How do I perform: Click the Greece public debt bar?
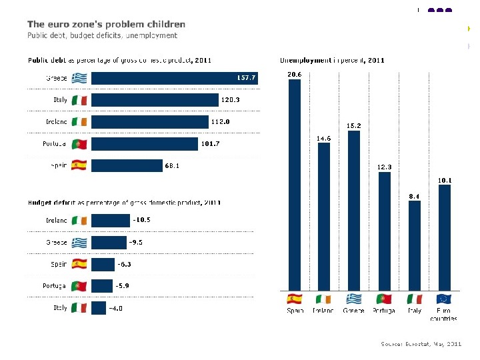coord(173,78)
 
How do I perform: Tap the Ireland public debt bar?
coord(150,122)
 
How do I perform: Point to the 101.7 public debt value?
coord(210,143)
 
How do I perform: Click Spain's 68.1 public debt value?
coord(173,165)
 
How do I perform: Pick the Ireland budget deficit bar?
coord(110,220)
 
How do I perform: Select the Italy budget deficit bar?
coord(99,307)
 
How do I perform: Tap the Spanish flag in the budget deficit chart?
coord(79,264)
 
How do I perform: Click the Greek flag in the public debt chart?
coord(79,78)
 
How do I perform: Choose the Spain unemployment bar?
coord(294,183)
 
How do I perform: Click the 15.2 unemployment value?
coord(354,125)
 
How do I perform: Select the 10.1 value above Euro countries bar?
coord(444,179)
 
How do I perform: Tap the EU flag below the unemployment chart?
coord(444,299)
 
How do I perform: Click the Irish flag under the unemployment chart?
coord(324,299)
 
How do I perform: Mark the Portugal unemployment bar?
coord(384,231)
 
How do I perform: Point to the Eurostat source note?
coord(421,344)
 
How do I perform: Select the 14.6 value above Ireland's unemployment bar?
coord(324,138)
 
